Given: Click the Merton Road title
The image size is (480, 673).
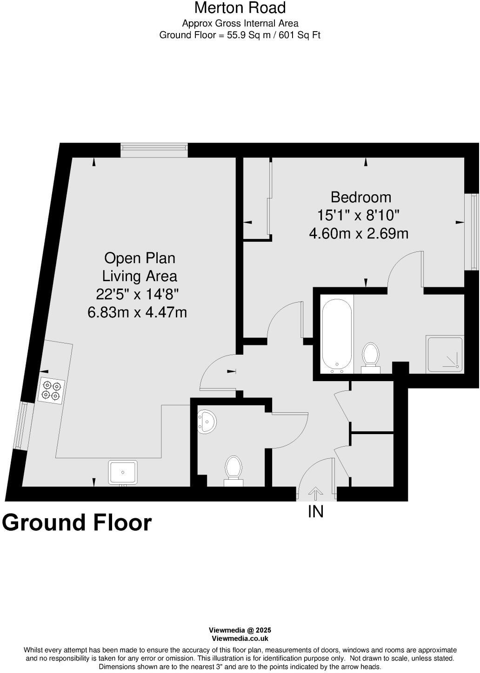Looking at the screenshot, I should point(240,8).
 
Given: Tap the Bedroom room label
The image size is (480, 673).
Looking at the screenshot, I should point(360,197).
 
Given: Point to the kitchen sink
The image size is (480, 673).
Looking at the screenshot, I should point(123,472).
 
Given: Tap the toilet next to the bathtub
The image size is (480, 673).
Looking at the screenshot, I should point(371,356).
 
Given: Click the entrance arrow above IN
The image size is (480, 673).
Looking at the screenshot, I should point(315,494).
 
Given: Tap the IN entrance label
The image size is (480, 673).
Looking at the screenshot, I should point(315,512).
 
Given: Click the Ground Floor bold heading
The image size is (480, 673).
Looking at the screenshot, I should point(77,522).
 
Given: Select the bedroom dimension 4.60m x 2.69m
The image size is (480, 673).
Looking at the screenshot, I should point(359,233).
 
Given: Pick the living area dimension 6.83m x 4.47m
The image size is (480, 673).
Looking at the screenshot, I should point(137,312).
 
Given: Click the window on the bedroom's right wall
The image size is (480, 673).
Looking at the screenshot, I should point(473,231).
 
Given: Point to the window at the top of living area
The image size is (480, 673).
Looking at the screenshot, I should point(154,150).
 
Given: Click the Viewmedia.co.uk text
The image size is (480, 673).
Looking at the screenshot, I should point(240,639).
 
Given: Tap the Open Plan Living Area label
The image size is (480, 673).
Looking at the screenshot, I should point(140,267).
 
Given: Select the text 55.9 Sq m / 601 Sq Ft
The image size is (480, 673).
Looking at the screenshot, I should point(273,35).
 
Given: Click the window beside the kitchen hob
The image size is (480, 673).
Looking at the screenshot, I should point(21,426).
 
